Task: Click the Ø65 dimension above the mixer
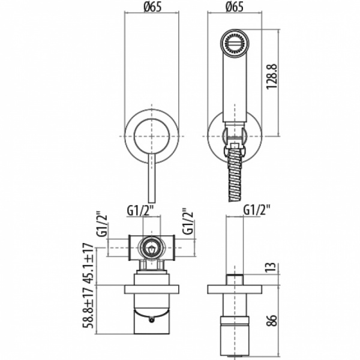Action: click(x=152, y=7)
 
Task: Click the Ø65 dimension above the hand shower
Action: click(x=235, y=7)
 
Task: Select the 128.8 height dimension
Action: click(x=272, y=76)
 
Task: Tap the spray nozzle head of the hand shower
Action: click(x=235, y=43)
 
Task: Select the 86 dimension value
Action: click(x=272, y=320)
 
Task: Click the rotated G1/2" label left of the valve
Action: click(x=102, y=223)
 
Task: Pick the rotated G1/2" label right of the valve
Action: click(x=187, y=221)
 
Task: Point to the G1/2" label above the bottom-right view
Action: click(x=257, y=210)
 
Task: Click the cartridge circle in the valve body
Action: click(x=152, y=248)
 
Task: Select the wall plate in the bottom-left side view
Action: click(x=152, y=289)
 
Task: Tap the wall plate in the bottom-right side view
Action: click(x=235, y=289)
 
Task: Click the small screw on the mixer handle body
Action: click(x=151, y=320)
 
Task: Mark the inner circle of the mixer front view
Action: click(x=152, y=136)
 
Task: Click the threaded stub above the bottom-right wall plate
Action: click(x=235, y=280)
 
